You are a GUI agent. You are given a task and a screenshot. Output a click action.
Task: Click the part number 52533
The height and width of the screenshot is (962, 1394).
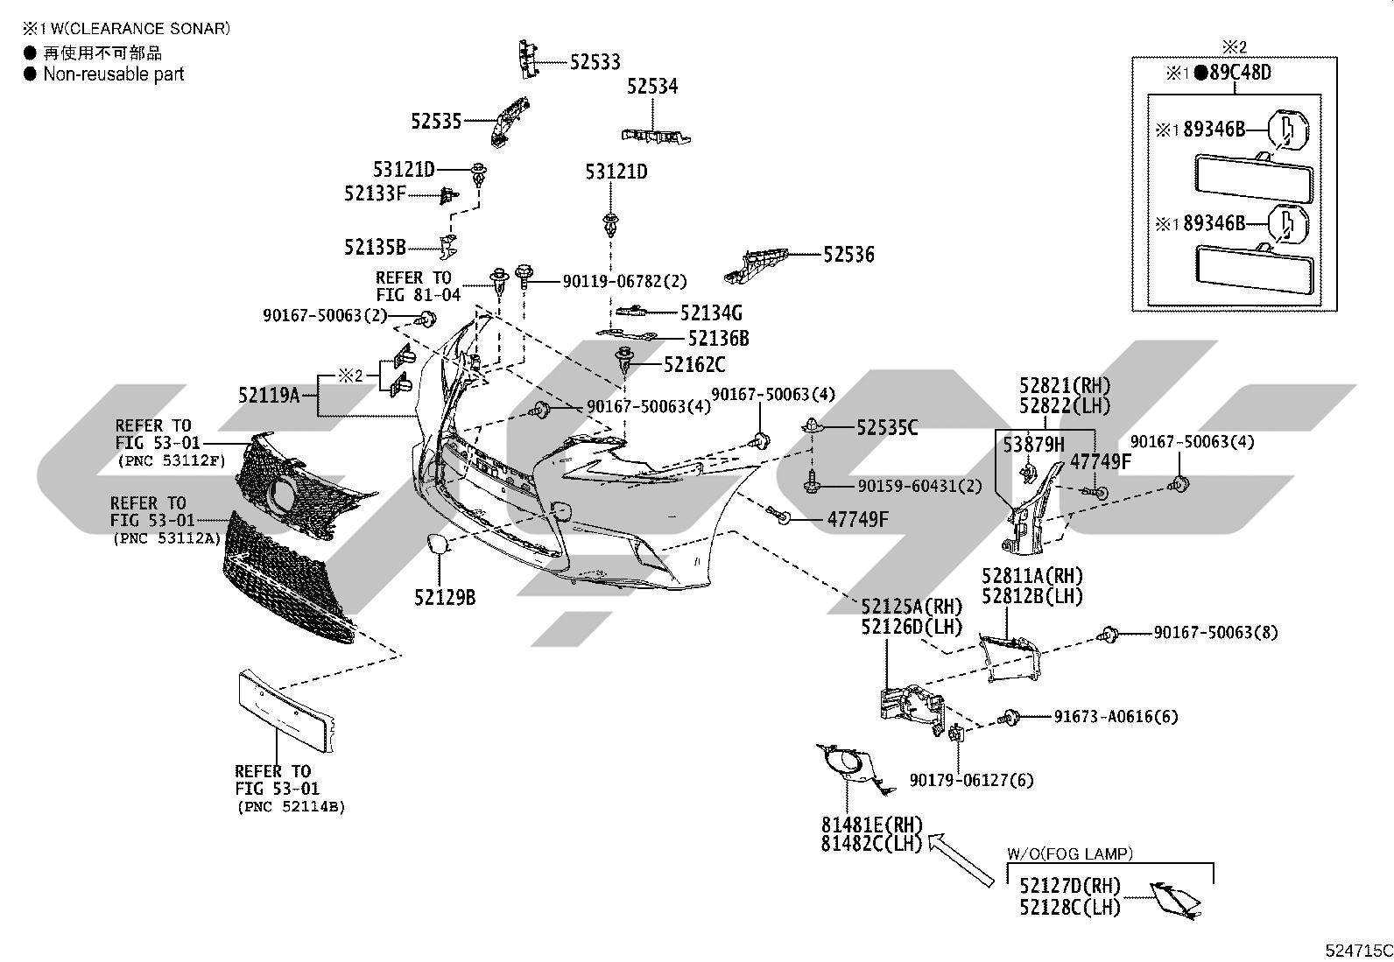click(595, 62)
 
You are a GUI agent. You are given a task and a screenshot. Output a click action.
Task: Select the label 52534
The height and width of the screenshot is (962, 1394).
click(652, 87)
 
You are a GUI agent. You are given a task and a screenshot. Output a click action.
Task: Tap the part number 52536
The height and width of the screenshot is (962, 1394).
click(848, 255)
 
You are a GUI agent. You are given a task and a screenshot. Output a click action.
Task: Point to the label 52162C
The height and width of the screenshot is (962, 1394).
click(694, 365)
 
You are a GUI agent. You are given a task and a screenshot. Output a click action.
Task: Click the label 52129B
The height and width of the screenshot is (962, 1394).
click(445, 598)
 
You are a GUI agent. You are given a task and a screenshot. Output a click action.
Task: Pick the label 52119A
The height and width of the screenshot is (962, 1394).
click(269, 395)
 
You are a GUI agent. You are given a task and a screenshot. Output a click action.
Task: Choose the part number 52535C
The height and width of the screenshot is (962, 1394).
click(887, 428)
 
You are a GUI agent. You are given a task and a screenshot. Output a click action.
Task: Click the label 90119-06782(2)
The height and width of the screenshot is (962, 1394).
click(625, 281)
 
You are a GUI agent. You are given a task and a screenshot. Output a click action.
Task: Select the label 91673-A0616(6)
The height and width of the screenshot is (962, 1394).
click(1116, 717)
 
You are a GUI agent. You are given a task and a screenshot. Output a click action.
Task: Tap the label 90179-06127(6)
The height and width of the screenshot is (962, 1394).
click(971, 780)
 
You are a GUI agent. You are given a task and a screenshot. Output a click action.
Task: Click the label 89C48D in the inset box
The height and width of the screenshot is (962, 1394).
click(1240, 73)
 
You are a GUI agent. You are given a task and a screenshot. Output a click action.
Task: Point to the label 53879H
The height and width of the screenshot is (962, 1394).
click(1033, 445)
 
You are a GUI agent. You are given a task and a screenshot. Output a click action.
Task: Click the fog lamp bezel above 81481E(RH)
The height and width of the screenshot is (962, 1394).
click(854, 769)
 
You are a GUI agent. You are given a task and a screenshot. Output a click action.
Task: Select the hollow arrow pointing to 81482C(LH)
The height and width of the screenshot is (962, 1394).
click(961, 860)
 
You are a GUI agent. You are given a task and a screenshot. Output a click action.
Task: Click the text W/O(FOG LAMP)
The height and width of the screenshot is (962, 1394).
click(1070, 854)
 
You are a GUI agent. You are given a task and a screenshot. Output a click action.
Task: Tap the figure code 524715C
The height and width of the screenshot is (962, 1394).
click(1359, 951)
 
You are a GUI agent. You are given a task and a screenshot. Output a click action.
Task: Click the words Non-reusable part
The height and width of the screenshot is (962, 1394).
click(113, 74)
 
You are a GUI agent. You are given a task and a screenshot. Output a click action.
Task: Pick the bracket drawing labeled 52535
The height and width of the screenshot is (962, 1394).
click(510, 122)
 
